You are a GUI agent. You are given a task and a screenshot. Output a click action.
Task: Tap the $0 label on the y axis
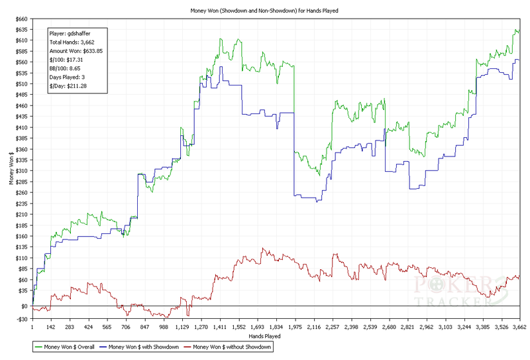coord(23,306)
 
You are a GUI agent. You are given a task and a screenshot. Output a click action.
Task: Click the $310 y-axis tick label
coord(19,170)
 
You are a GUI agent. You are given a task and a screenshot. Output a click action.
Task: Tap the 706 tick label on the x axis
coord(126,327)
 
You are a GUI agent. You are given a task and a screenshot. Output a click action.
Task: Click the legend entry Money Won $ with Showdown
coord(143,346)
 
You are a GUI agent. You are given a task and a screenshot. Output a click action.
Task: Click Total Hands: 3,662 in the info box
coord(72,42)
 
